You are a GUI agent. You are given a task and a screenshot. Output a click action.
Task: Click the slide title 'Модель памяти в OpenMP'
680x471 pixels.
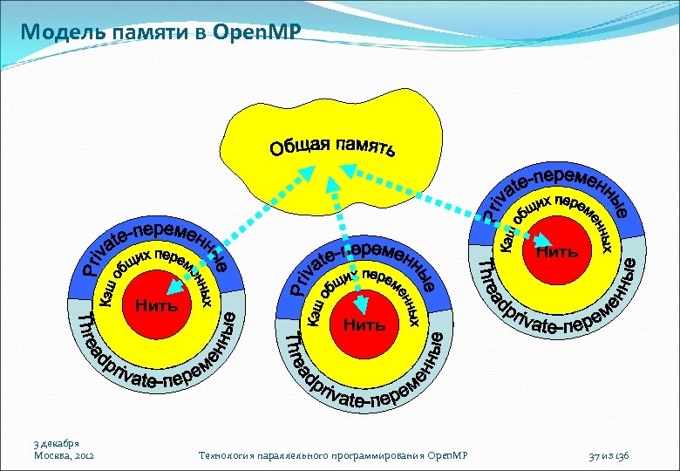point(161,32)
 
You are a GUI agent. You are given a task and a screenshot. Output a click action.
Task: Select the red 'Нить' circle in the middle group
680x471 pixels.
point(364,325)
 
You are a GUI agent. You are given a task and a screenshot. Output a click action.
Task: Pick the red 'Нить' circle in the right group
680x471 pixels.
point(556,251)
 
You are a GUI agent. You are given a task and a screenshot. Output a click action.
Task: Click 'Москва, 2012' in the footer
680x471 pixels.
point(64,455)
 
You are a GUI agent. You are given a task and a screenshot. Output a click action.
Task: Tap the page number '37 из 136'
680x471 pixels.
point(615,455)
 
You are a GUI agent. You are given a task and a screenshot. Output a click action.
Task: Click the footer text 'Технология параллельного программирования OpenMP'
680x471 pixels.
point(334,455)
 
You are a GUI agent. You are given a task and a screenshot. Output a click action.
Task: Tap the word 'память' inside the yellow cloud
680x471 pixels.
point(366,146)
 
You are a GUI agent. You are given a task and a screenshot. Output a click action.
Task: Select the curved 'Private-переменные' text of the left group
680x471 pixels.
point(157,241)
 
